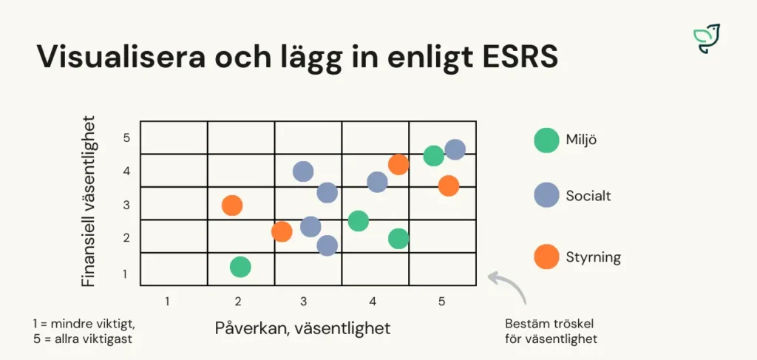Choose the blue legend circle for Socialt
(x=546, y=196)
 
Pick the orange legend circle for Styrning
(x=546, y=257)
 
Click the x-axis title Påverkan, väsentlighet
(x=302, y=327)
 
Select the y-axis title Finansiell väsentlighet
(x=89, y=200)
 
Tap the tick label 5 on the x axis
(x=441, y=302)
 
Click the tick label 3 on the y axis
(x=126, y=205)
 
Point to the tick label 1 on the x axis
(x=167, y=302)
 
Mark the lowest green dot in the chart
(x=240, y=267)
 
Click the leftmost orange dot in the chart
(x=232, y=206)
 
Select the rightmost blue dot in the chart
(x=455, y=149)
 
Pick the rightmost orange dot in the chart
(x=448, y=186)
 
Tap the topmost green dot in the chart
(x=434, y=156)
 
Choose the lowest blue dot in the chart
(x=327, y=245)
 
